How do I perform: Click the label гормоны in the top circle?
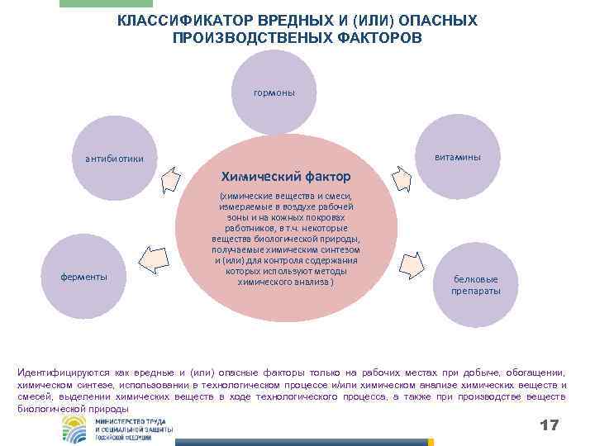[274, 93]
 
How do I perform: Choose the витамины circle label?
[460, 157]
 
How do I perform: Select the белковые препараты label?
[475, 286]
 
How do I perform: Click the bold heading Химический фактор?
[285, 177]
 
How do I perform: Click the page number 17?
[549, 425]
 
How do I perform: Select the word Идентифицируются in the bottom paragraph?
[61, 373]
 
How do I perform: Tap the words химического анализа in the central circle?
[285, 282]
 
